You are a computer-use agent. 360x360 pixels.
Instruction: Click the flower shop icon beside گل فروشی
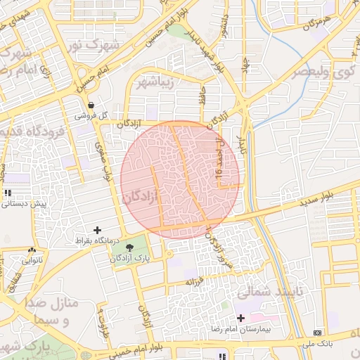(x=91, y=105)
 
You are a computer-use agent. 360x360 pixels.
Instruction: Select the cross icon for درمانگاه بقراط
(x=97, y=230)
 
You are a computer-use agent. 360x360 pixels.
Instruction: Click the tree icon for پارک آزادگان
(x=130, y=247)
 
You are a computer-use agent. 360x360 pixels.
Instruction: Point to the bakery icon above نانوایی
(x=32, y=250)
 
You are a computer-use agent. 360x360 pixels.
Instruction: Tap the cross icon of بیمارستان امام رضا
(x=242, y=319)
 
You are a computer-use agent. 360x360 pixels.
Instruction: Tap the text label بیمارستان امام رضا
(x=243, y=329)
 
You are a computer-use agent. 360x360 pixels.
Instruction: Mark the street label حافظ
(x=201, y=92)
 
